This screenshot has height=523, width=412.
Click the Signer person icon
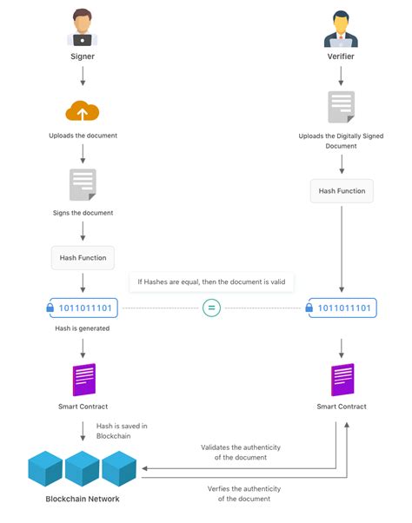(83, 27)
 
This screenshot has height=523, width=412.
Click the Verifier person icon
(340, 28)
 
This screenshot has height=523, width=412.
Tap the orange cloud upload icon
(83, 111)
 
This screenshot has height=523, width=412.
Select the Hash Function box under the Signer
(83, 258)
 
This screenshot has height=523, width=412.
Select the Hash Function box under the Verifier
(342, 191)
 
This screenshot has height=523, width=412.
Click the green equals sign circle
(210, 308)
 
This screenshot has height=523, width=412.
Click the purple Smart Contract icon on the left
(83, 380)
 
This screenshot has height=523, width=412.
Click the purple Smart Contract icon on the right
(342, 380)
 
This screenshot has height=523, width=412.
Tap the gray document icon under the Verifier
(341, 107)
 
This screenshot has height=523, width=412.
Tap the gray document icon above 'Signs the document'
(83, 185)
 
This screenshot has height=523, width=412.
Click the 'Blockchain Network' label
(83, 499)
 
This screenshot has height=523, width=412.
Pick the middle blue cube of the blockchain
(83, 468)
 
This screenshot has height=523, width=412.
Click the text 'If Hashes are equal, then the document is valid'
(212, 282)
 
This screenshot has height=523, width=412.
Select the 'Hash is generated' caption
(83, 328)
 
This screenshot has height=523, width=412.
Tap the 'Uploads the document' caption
(83, 136)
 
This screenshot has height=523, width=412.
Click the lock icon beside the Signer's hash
(49, 308)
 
